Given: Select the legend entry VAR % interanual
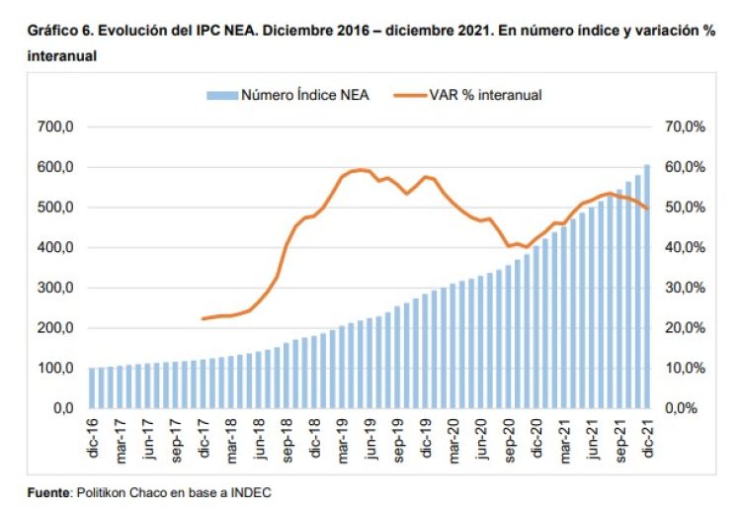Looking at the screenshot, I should [485, 95].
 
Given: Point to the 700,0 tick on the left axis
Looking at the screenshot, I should [54, 128].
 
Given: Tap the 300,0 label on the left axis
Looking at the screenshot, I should [54, 288].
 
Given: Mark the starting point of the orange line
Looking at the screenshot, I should [203, 318].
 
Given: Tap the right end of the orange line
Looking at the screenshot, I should [647, 208].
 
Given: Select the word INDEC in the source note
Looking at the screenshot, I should [250, 492].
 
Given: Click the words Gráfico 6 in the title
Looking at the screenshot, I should [59, 31].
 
